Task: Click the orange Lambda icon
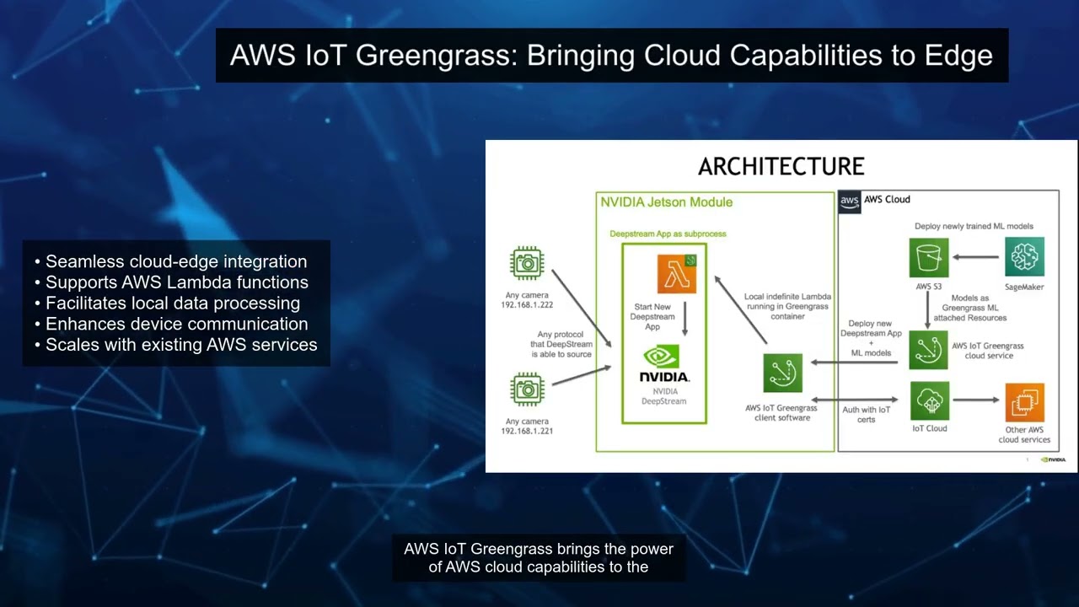677,274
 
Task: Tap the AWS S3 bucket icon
929,258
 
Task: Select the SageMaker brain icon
1024,257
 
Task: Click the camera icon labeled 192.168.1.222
527,263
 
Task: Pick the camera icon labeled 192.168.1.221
527,389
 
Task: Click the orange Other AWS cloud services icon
1024,402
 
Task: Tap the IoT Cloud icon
930,400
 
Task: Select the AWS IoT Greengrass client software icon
783,373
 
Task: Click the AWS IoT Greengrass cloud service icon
928,350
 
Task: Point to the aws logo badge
849,201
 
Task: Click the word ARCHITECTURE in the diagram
781,167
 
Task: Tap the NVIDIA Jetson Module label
666,202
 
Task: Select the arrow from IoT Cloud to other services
976,400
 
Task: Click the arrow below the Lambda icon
684,319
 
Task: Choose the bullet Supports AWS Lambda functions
171,282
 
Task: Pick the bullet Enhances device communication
171,324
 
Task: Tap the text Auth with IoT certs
866,414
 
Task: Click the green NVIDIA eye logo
662,356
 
